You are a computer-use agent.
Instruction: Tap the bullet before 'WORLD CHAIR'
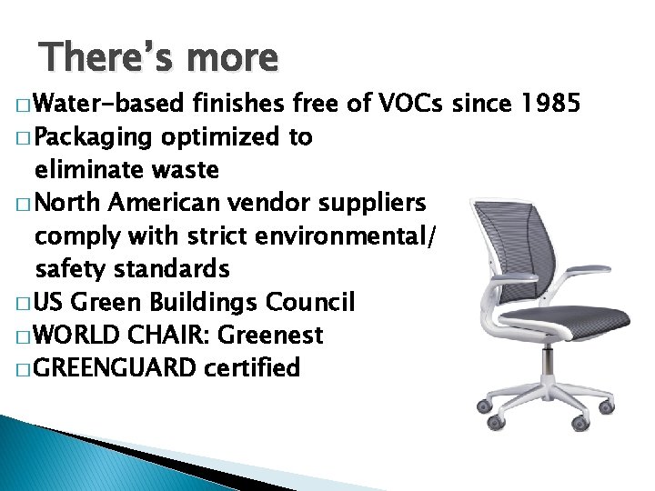pos(21,336)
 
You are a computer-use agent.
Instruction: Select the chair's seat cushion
pos(568,324)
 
